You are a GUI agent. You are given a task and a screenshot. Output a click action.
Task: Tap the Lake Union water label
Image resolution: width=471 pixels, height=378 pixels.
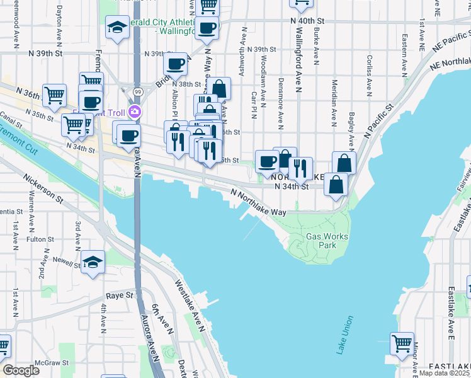(346, 335)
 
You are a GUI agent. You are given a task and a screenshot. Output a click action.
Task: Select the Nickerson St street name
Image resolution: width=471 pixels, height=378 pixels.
(44, 188)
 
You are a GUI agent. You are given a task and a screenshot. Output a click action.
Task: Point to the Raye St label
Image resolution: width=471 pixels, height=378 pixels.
(121, 295)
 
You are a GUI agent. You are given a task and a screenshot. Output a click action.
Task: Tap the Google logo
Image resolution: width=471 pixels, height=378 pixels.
(21, 370)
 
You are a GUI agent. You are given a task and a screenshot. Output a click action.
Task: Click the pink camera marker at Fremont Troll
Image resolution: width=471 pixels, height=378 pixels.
(133, 113)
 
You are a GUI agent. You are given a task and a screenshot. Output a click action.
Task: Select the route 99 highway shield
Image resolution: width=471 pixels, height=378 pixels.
(136, 92)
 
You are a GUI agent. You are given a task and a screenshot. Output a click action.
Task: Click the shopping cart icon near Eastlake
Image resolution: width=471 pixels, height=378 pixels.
(402, 343)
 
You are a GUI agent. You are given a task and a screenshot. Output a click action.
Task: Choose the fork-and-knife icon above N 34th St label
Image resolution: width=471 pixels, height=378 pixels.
(300, 167)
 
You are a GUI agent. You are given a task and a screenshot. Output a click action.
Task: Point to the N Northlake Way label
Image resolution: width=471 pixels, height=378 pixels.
(258, 203)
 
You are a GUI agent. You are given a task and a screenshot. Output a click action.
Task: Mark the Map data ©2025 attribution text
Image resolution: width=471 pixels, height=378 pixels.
(445, 373)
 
